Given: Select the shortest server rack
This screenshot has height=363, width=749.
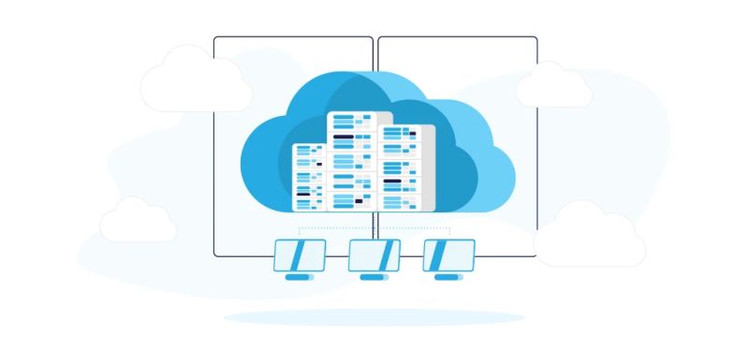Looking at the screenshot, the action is point(309,178).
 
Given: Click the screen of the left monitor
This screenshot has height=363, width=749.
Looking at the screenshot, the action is point(299,254).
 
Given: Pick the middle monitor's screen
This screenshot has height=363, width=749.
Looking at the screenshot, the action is point(374,254).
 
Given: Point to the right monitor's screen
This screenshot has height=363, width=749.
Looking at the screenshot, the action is point(448,254).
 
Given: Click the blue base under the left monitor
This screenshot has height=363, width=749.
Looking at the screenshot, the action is point(299,277).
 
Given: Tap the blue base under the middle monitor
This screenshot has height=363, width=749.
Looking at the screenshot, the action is point(374,277).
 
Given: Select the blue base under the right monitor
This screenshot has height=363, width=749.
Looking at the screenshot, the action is point(448,277).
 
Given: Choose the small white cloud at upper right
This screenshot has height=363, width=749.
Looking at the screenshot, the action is point(553,86).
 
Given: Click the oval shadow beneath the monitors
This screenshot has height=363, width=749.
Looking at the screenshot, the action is point(374,318).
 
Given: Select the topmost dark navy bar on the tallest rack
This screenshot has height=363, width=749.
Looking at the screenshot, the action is point(344,137).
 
